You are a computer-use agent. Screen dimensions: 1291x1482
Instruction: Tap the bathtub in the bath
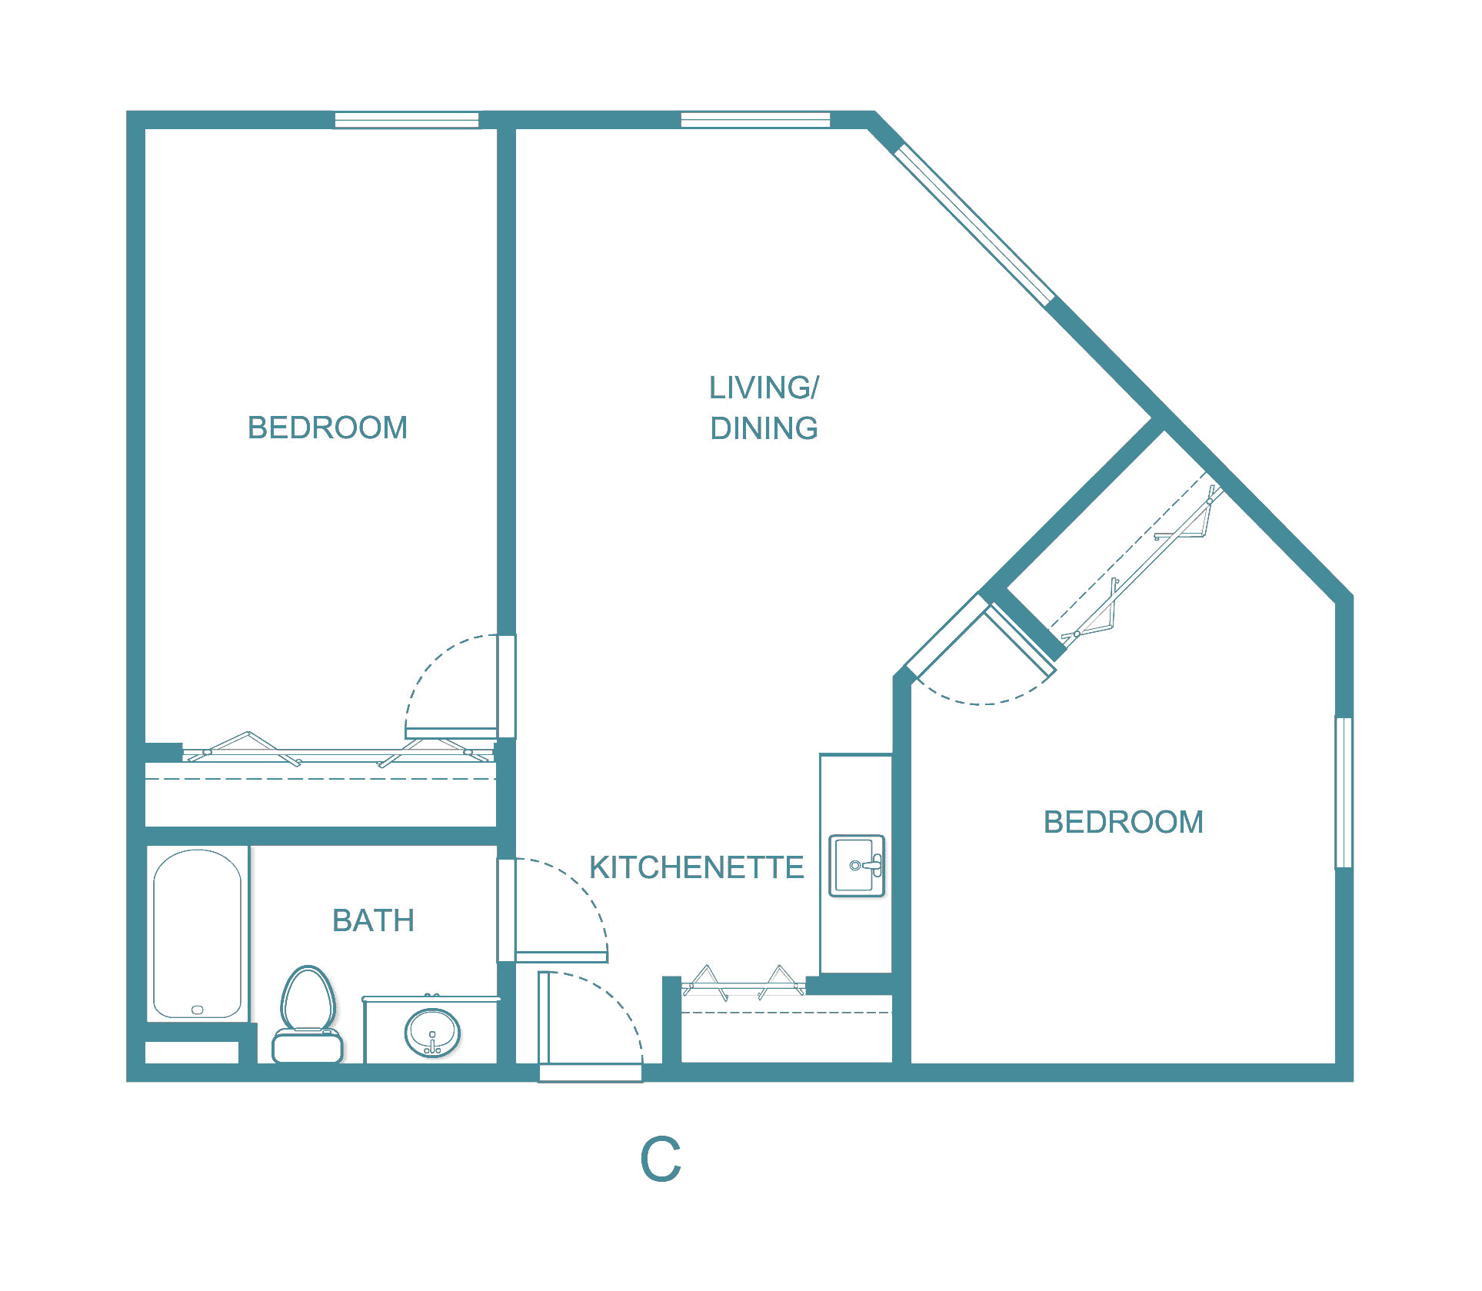click(x=197, y=933)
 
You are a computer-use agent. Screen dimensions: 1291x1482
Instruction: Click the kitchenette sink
click(x=857, y=866)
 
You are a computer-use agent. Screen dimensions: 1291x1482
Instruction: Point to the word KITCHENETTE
click(x=696, y=867)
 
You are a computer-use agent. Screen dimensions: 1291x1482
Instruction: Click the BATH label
click(x=373, y=920)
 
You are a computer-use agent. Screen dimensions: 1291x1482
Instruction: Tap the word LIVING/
click(x=764, y=388)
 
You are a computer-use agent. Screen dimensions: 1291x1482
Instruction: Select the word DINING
click(x=764, y=428)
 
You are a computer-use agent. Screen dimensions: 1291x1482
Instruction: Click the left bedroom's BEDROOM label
click(x=328, y=428)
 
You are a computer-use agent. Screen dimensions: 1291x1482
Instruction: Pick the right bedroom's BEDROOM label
click(x=1123, y=822)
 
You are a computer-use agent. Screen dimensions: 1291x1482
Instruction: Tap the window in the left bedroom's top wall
click(x=407, y=120)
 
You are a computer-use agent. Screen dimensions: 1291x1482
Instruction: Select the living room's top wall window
click(x=755, y=119)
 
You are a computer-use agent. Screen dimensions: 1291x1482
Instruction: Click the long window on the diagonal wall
click(x=974, y=224)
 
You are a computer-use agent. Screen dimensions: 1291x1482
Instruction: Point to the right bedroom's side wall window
click(x=1343, y=792)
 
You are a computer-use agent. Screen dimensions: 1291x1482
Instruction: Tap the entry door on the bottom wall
click(x=590, y=1072)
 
